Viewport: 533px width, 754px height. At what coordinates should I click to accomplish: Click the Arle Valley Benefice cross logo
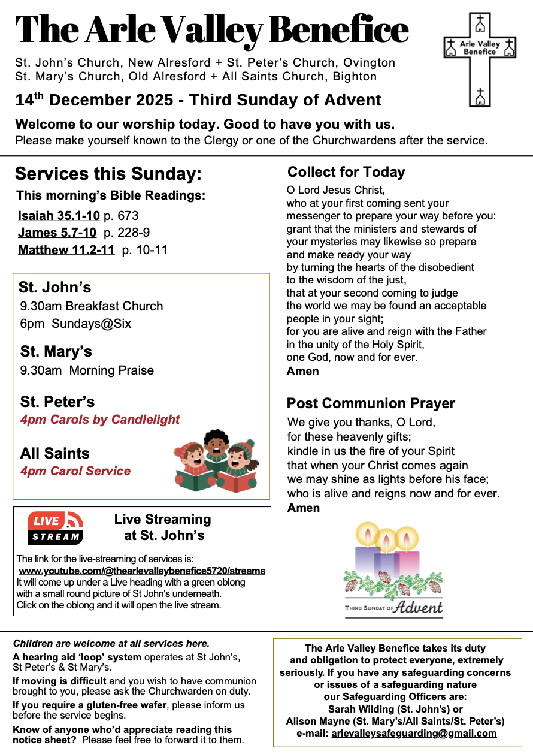[479, 59]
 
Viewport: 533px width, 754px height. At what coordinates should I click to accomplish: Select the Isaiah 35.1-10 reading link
[59, 216]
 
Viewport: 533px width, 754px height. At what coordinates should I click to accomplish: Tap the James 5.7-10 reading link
[57, 233]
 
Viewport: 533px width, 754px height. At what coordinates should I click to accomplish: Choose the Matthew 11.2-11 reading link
[66, 250]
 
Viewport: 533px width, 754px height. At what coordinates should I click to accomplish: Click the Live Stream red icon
[56, 527]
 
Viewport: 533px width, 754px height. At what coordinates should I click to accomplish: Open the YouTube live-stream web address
[142, 571]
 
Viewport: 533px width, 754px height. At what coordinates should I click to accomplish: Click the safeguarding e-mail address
[414, 733]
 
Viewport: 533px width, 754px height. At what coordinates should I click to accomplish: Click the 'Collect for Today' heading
[346, 173]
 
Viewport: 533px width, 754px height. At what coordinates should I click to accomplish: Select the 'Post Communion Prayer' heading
[371, 403]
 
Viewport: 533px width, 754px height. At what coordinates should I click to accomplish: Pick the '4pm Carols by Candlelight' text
[100, 420]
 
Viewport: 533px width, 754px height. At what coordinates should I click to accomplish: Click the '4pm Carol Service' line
[75, 471]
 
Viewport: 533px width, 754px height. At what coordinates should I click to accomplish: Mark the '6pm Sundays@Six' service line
[75, 324]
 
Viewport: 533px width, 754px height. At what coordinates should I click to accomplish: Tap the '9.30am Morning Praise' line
[87, 370]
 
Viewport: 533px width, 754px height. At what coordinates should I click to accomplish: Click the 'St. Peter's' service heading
[57, 402]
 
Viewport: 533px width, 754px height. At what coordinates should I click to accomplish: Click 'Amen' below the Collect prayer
[303, 371]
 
